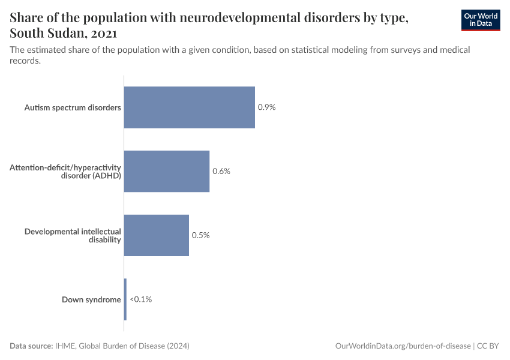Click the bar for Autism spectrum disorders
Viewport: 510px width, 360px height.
189,107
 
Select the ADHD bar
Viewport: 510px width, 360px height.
166,171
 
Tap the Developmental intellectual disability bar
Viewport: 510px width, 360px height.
156,235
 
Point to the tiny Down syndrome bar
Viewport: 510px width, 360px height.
125,299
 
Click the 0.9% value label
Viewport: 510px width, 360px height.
266,107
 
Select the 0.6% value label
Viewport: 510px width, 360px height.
221,171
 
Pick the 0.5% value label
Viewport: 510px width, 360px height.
200,235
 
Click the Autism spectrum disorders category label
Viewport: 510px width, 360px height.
73,107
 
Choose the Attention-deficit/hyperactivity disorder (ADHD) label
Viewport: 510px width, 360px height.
65,171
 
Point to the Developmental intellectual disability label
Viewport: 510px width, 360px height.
73,235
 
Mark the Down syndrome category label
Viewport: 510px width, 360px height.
91,299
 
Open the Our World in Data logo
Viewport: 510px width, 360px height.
480,20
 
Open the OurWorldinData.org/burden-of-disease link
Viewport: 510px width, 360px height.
402,346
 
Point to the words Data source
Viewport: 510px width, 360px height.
31,346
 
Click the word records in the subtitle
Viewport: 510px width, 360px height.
25,61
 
